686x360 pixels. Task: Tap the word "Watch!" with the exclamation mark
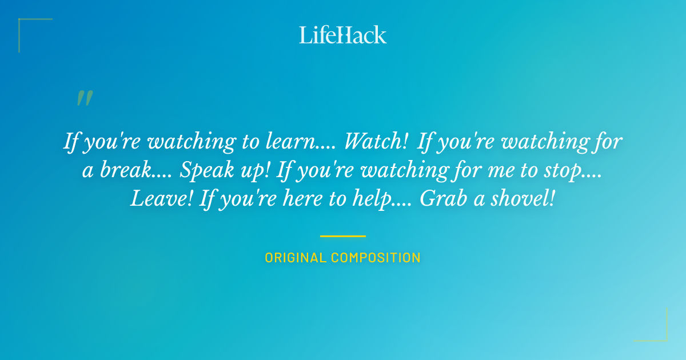[376, 142]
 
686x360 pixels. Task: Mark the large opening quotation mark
[85, 98]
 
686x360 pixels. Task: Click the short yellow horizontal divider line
[342, 235]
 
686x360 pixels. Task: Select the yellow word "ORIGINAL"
[296, 258]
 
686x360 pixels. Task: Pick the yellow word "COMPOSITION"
[376, 258]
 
